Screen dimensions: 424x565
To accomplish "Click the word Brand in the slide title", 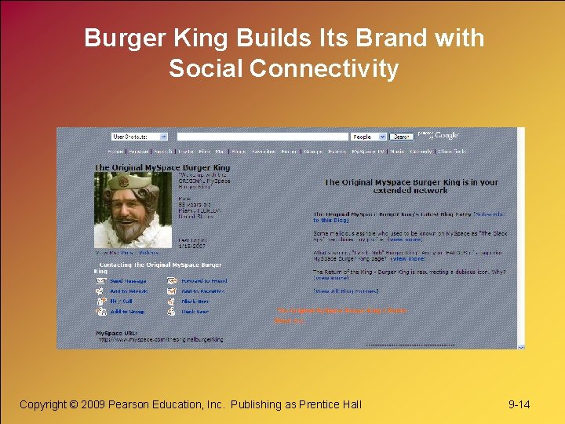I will (377, 38).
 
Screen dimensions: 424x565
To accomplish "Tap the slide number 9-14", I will (519, 404).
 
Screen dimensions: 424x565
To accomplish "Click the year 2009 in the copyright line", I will (93, 404).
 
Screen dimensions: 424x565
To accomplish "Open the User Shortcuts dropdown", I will (140, 137).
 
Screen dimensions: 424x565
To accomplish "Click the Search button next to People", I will (402, 137).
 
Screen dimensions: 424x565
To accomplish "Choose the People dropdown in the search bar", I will (368, 137).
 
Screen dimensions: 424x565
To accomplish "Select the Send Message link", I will (128, 280).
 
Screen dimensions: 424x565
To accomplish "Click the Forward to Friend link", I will (203, 280).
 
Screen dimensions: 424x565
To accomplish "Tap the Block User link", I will (195, 312).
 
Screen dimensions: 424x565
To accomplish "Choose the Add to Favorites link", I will (202, 291).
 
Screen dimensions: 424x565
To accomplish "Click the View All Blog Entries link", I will (346, 291).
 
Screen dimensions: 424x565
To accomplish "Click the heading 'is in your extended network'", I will (411, 186).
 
